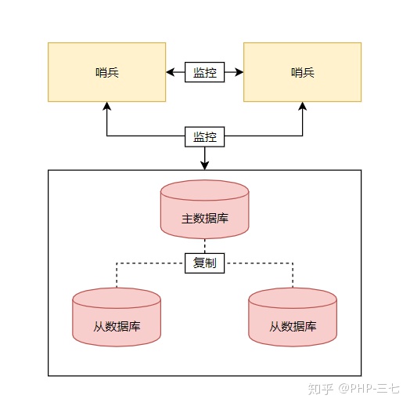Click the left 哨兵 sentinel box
pos(107,72)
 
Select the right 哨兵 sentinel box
pos(302,72)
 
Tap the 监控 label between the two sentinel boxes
pos(205,73)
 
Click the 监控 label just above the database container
pos(205,136)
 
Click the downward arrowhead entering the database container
pos(205,165)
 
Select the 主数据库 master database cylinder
pos(205,210)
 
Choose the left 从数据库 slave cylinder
pos(117,317)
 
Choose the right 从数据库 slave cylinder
pos(293,317)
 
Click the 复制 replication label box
pos(205,263)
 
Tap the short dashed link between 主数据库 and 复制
pos(205,246)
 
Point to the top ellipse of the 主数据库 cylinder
pos(205,190)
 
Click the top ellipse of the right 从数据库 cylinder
pos(293,299)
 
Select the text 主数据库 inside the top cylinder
pos(205,219)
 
